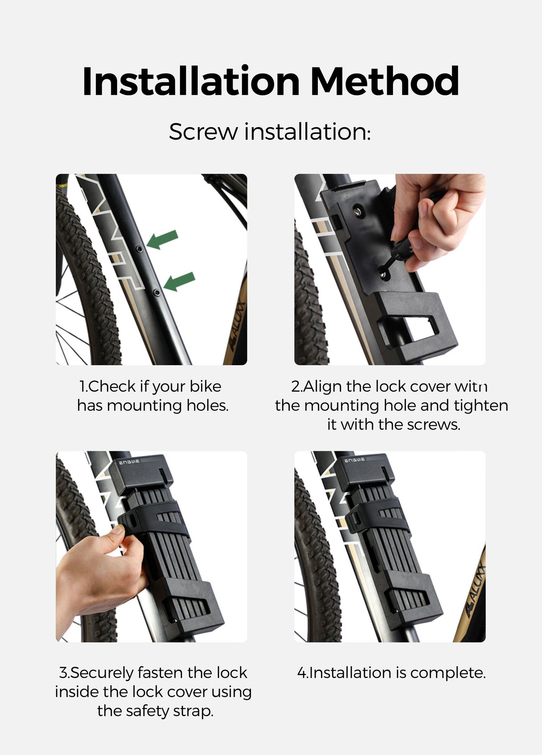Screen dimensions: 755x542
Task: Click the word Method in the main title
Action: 384,81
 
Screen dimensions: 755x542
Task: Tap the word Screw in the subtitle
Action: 203,132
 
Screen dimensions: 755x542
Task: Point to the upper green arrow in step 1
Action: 163,240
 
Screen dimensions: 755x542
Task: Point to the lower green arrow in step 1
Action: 179,281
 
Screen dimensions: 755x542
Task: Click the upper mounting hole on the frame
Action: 140,248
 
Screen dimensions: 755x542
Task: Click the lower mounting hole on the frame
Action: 156,292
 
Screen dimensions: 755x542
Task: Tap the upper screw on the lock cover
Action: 358,209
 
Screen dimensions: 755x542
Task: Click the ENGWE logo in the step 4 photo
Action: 354,460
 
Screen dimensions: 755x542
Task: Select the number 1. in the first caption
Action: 83,387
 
